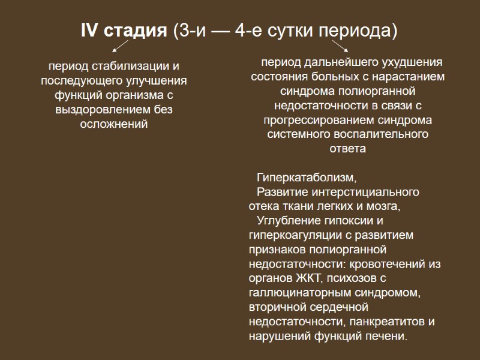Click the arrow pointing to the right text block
pos(340,46)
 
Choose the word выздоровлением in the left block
pos(107,110)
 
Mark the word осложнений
pos(114,124)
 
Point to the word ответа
pos(348,149)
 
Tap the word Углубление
pos(287,221)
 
